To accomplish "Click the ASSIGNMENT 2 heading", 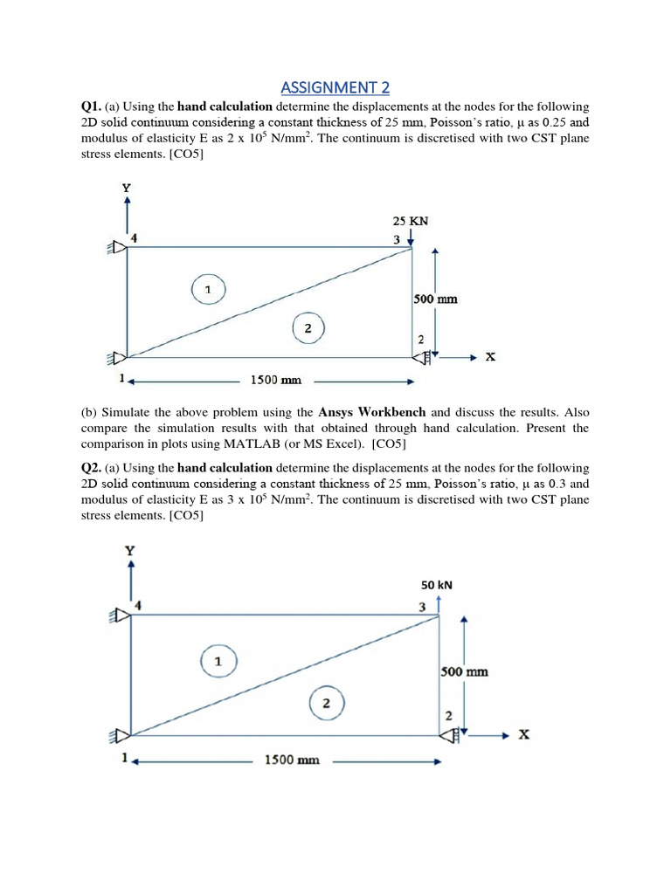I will (335, 86).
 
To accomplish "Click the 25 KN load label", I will (411, 221).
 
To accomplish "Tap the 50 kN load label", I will (437, 585).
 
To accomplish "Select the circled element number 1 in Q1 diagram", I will (208, 289).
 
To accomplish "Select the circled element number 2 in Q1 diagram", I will (308, 328).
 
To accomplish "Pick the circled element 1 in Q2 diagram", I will (217, 662).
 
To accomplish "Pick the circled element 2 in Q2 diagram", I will (326, 703).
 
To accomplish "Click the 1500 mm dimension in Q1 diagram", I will (275, 380).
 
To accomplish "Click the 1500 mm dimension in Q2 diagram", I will (292, 760).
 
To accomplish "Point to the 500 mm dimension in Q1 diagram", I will (435, 299).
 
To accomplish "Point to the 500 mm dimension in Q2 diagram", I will (464, 672).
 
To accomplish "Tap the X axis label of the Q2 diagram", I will (523, 735).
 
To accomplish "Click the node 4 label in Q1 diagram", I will (134, 237).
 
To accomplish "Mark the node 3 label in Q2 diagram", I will (423, 606).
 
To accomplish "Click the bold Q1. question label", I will (91, 107).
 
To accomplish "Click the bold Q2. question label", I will (91, 468).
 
